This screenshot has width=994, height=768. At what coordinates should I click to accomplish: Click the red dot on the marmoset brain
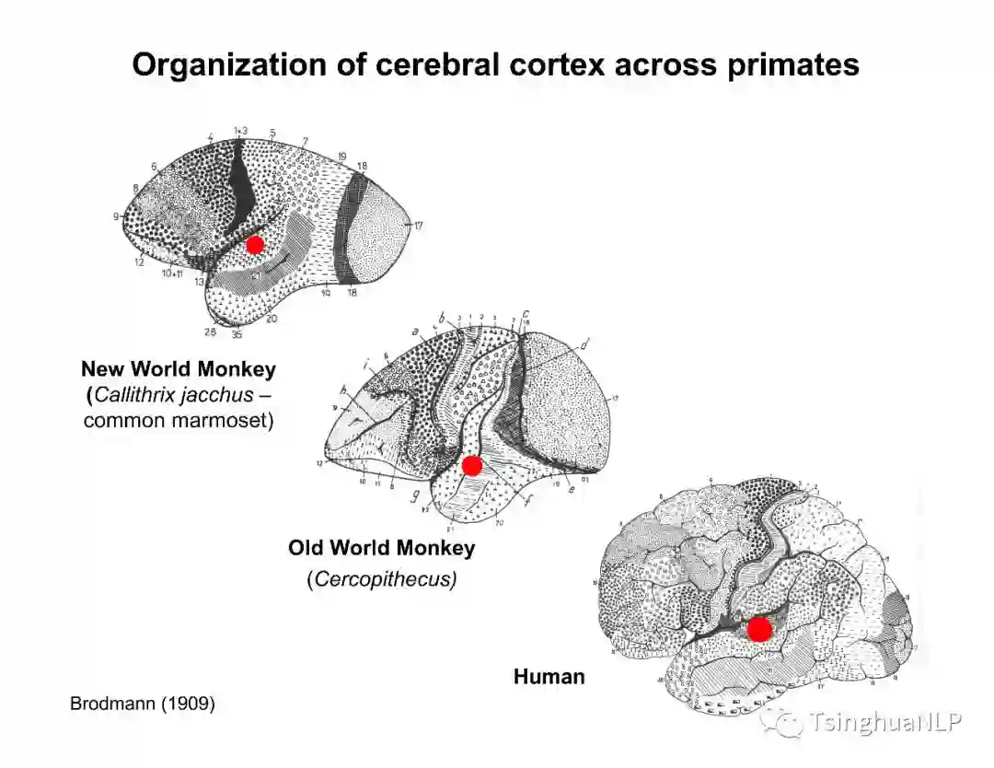[255, 244]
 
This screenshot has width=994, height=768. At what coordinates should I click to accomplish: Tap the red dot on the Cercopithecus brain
[472, 466]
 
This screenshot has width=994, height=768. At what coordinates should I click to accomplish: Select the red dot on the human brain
[759, 630]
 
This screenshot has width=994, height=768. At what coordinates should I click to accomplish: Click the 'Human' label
[549, 677]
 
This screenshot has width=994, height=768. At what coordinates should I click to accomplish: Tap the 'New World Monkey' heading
[179, 369]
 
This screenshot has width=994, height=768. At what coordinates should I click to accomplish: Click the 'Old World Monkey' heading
[381, 548]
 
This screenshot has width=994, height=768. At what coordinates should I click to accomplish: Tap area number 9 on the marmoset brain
[117, 216]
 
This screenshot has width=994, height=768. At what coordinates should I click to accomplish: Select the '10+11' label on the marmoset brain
[171, 274]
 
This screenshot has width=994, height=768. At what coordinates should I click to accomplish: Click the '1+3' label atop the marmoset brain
[240, 132]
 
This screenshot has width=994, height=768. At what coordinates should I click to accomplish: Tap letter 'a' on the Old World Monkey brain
[416, 329]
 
